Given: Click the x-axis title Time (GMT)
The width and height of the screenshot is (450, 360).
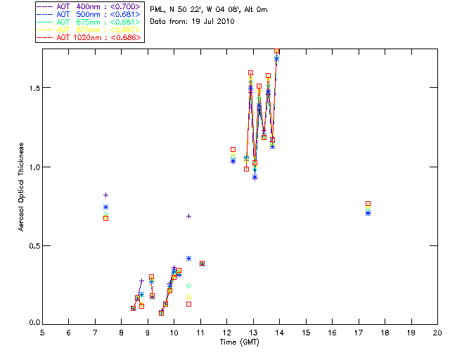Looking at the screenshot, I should pos(239,342).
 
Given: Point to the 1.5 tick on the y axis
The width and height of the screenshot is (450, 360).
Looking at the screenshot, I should pos(32,88).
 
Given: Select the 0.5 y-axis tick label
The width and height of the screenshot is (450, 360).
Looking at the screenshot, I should pos(32,245).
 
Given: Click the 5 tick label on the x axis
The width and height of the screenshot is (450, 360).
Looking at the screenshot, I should pos(42,333).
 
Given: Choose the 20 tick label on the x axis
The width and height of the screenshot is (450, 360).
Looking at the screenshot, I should pos(437,333).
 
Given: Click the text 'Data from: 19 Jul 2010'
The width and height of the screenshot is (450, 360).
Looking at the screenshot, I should pos(192,22).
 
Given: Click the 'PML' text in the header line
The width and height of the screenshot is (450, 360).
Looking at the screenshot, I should pos(157,10).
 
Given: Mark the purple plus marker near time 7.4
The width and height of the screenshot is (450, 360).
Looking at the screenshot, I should pos(105,195).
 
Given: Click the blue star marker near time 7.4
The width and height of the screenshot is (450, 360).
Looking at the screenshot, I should pos(105,207).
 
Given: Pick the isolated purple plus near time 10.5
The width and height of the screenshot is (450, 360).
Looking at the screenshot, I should pos(188,216).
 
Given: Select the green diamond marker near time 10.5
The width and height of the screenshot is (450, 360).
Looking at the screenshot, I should pos(188,285).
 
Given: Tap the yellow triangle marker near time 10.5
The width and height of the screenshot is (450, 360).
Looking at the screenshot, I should pos(188,296).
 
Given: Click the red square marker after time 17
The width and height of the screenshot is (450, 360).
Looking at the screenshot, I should pos(368,203).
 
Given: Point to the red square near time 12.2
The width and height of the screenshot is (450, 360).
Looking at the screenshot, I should pos(233,149).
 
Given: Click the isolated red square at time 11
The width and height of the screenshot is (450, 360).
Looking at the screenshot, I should pos(202,264).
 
